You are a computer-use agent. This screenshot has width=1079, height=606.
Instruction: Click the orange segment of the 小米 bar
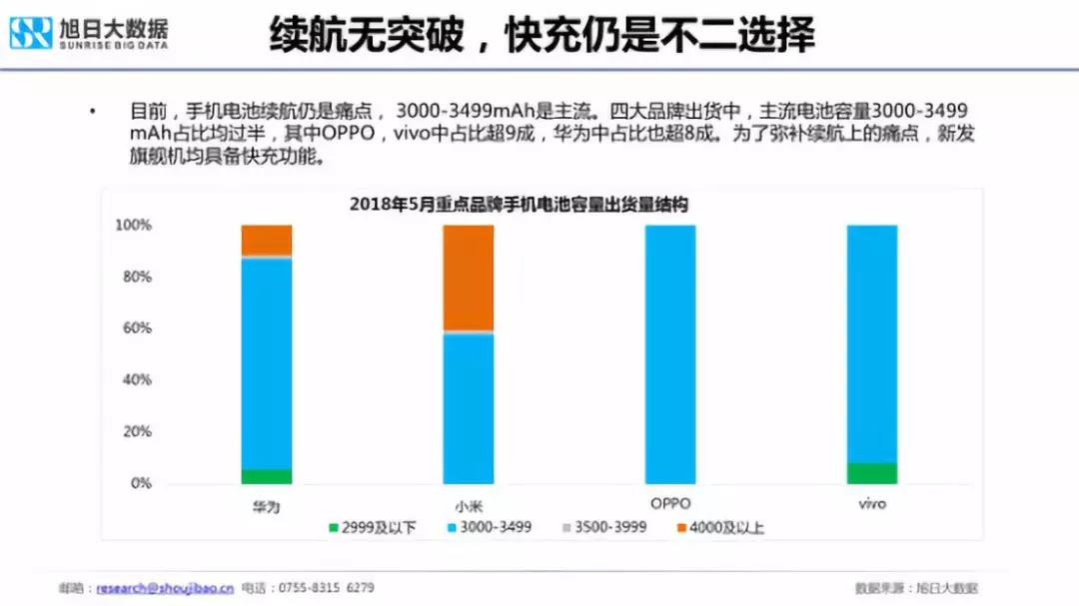[x=469, y=278]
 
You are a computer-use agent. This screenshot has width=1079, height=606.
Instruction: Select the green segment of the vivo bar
[x=872, y=473]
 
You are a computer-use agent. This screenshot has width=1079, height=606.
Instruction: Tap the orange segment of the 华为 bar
[x=267, y=240]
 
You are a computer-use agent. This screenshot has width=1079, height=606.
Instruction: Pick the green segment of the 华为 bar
[x=267, y=476]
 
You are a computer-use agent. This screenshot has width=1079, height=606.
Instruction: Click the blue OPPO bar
[x=670, y=354]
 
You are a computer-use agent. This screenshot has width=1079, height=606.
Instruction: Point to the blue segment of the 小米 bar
[x=469, y=409]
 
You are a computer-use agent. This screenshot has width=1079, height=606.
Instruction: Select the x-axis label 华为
[x=266, y=506]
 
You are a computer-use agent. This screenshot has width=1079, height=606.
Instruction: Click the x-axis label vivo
[x=872, y=504]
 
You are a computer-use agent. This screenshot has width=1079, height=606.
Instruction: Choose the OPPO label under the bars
[x=669, y=504]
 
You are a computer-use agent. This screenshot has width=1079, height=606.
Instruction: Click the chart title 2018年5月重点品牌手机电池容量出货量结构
[x=519, y=204]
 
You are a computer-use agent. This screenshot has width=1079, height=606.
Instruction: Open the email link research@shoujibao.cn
[x=165, y=588]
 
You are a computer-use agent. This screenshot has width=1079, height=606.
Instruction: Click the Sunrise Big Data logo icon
[x=30, y=33]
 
